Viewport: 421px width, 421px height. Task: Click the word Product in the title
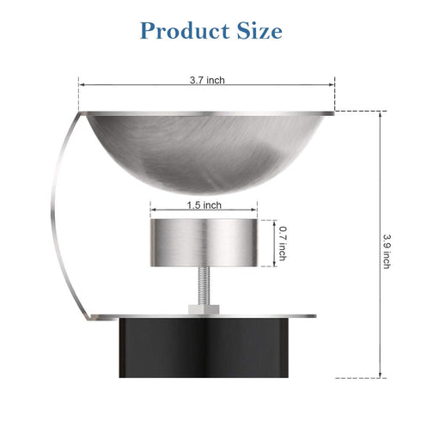coord(185,30)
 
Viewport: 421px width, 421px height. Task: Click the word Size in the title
coord(259,30)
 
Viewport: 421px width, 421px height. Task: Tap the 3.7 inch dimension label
coord(207,80)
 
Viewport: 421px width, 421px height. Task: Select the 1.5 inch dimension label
coord(204,205)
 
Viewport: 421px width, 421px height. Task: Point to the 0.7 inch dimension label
coord(283,243)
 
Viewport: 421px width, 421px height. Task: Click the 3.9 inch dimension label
coord(387,252)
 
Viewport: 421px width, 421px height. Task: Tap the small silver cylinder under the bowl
coord(204,243)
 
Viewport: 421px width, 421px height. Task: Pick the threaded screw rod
coord(204,286)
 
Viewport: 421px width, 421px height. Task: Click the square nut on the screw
coord(204,309)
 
